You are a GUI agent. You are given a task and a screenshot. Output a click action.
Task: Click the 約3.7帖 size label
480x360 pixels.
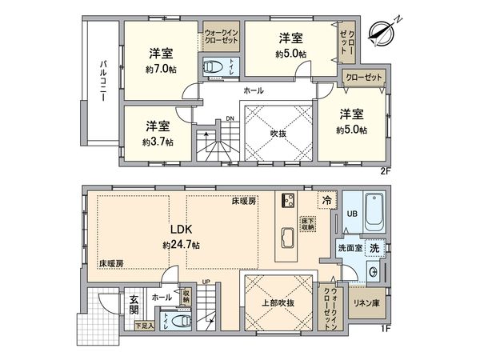(156, 141)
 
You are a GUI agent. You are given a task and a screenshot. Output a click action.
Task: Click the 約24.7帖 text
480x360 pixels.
(180, 243)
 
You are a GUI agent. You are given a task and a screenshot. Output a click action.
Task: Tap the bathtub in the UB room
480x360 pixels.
(373, 211)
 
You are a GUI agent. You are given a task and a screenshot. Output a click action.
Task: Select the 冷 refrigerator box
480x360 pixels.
(326, 201)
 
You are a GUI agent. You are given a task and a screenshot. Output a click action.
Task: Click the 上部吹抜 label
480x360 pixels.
(278, 302)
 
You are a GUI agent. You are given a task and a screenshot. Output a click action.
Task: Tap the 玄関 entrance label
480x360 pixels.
(134, 303)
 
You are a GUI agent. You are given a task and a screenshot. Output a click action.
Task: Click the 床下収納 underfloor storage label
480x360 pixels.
(308, 223)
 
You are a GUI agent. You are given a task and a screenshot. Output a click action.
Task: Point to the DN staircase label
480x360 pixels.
(230, 120)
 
